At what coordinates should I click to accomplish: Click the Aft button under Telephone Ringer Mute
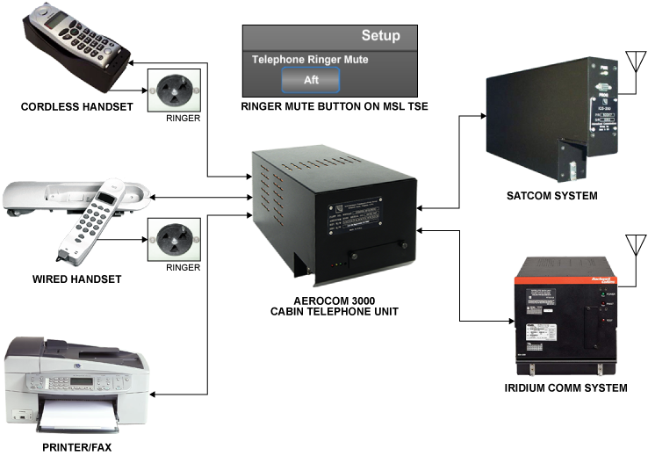pyautogui.click(x=310, y=80)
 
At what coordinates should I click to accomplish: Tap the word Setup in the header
pyautogui.click(x=380, y=36)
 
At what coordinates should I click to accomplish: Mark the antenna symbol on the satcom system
pyautogui.click(x=630, y=62)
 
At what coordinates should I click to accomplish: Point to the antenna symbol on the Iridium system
pyautogui.click(x=630, y=243)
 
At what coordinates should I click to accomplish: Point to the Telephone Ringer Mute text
pyautogui.click(x=310, y=60)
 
